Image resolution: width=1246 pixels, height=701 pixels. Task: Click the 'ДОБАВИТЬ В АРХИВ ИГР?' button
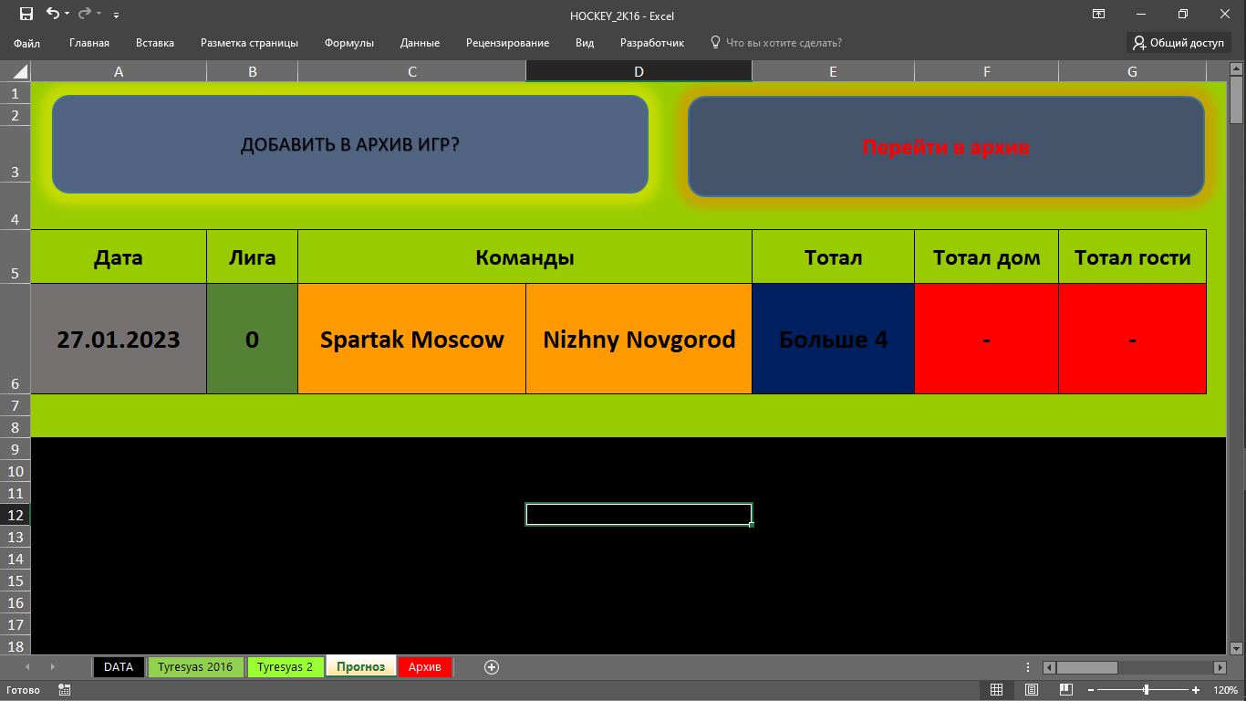(x=350, y=144)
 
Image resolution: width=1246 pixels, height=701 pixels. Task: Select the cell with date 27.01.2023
(x=119, y=339)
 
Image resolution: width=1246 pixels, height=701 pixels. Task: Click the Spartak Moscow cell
(x=411, y=339)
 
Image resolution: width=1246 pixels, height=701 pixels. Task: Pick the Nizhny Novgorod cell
(x=639, y=339)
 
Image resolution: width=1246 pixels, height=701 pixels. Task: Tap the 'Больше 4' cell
(x=833, y=339)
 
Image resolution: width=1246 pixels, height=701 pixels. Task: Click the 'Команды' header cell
(x=524, y=257)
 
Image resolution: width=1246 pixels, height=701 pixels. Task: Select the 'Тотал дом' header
(x=986, y=257)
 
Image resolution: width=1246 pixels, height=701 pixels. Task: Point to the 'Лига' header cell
(x=252, y=257)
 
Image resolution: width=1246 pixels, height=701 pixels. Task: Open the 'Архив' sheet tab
(x=424, y=666)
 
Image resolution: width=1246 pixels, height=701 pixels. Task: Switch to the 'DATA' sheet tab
(x=119, y=666)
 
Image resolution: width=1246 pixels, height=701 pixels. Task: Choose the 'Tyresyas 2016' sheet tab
(x=195, y=666)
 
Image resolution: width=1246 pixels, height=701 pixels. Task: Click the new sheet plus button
(x=491, y=667)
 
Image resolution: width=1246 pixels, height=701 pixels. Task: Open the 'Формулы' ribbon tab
(x=348, y=43)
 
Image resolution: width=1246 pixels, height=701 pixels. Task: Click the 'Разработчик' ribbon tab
(x=652, y=43)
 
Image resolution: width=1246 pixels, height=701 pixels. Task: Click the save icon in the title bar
(x=26, y=14)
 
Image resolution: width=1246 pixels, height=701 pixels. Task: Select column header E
(x=833, y=71)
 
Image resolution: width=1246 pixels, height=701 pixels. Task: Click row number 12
(x=15, y=515)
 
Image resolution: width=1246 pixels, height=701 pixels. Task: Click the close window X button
(x=1225, y=15)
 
